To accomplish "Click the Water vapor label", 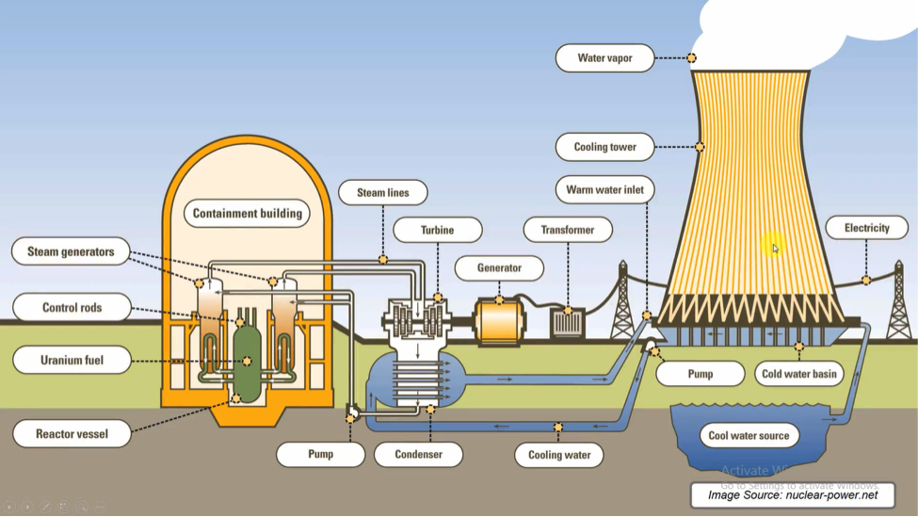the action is [x=604, y=58].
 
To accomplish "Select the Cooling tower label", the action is [x=604, y=147].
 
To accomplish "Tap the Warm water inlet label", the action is [x=604, y=189].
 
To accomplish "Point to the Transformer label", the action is [x=568, y=230].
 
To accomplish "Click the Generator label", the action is [x=499, y=267].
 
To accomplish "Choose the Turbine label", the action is [x=437, y=230].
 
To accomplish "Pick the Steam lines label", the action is [x=383, y=193].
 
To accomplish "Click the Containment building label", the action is [x=247, y=213].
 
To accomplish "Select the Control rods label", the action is [x=72, y=307].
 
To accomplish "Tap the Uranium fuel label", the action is [x=72, y=360].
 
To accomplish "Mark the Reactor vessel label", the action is [x=72, y=434].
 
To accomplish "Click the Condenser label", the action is [x=418, y=454].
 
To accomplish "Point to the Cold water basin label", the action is [x=799, y=374].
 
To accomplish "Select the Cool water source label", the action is [x=749, y=436].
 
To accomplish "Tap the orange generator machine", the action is [x=499, y=321].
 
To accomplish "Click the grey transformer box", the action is [x=568, y=324].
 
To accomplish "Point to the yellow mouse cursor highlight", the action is [x=773, y=246].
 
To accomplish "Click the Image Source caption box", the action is [x=793, y=495].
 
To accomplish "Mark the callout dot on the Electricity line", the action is [x=866, y=280].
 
